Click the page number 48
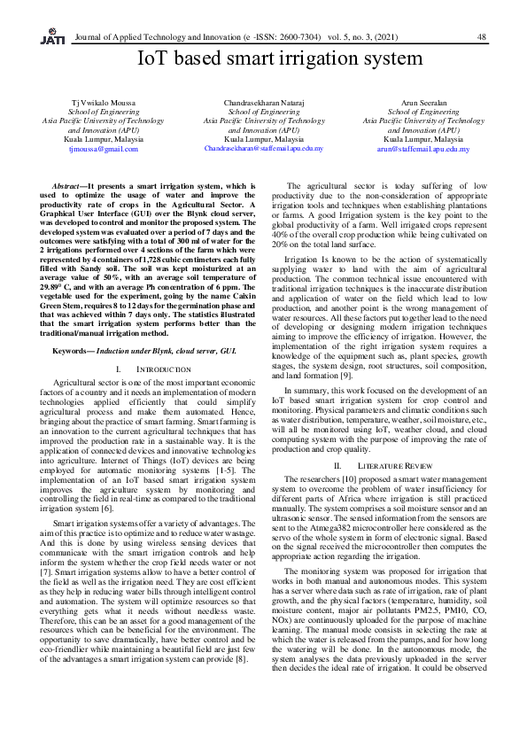point(482,37)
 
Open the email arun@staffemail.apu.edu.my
point(422,150)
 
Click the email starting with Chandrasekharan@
point(263,149)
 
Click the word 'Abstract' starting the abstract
point(69,187)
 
